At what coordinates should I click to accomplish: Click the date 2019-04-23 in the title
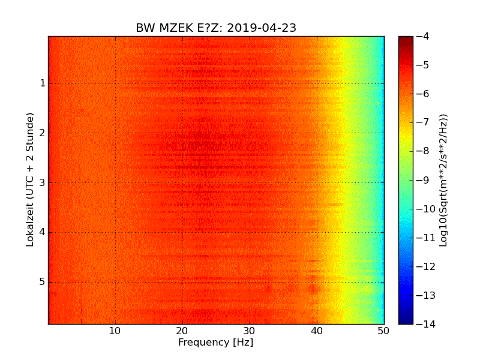[x=262, y=28]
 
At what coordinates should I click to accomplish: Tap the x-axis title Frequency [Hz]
[x=215, y=343]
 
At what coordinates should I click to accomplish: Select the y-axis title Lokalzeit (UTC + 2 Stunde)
[x=30, y=179]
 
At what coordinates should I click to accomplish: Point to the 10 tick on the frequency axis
[x=115, y=331]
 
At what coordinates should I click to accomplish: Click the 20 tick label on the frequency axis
[x=182, y=331]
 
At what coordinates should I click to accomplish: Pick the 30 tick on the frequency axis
[x=250, y=331]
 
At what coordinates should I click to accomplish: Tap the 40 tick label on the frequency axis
[x=317, y=331]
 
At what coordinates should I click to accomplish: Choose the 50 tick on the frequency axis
[x=383, y=331]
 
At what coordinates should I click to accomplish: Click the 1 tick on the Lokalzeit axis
[x=43, y=83]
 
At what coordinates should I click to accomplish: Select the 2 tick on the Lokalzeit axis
[x=43, y=133]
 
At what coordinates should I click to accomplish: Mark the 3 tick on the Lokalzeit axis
[x=43, y=182]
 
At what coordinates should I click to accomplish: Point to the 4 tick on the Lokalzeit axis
[x=43, y=232]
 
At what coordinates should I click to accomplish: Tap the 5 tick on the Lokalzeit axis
[x=43, y=281]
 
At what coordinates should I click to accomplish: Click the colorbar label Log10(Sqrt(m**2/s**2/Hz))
[x=444, y=180]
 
